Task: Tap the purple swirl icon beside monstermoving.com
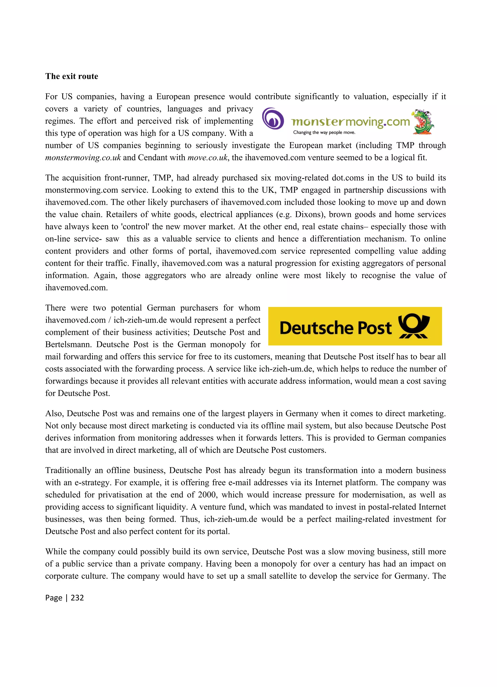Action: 273,119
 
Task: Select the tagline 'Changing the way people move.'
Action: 324,132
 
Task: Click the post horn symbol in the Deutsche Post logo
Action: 414,326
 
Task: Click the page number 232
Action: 77,597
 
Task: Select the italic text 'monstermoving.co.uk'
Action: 83,157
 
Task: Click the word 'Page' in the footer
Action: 54,597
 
